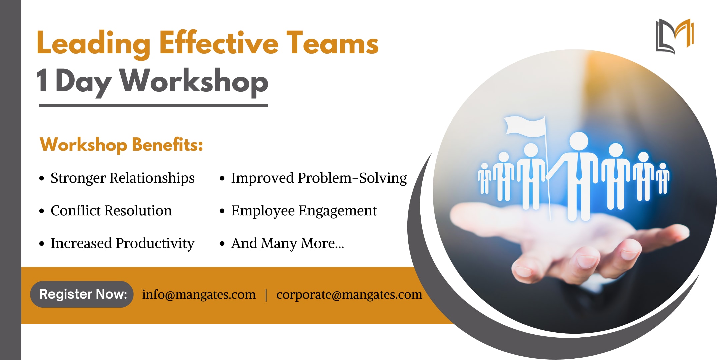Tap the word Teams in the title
click(x=332, y=43)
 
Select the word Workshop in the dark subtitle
click(x=194, y=81)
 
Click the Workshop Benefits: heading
click(x=121, y=145)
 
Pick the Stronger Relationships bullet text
click(x=122, y=178)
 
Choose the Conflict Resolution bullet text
click(x=111, y=211)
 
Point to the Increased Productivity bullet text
click(x=122, y=244)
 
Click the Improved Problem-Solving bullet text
click(x=319, y=178)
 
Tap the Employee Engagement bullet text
click(x=304, y=211)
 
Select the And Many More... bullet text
click(x=287, y=244)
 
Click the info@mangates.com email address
click(x=199, y=295)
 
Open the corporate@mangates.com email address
click(x=349, y=295)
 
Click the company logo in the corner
click(x=675, y=36)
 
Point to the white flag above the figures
click(x=525, y=126)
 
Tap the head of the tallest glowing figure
click(x=579, y=141)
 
